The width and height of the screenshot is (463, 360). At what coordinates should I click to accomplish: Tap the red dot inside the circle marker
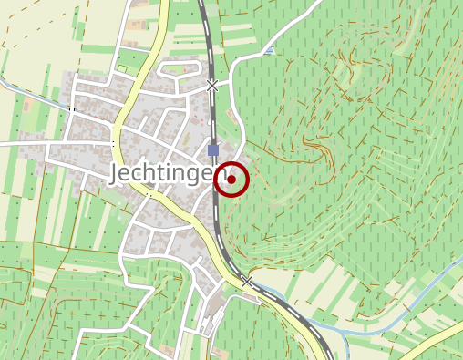pyautogui.click(x=231, y=180)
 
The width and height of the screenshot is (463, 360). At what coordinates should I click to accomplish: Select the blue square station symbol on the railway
pyautogui.click(x=213, y=150)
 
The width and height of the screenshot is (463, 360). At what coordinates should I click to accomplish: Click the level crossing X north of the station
pyautogui.click(x=212, y=87)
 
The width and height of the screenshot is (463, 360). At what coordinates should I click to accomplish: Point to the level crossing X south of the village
pyautogui.click(x=247, y=282)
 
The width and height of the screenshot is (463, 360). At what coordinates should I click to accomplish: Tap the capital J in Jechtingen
pyautogui.click(x=117, y=174)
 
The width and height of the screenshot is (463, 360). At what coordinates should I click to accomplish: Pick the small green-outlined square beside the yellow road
pyautogui.click(x=120, y=69)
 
